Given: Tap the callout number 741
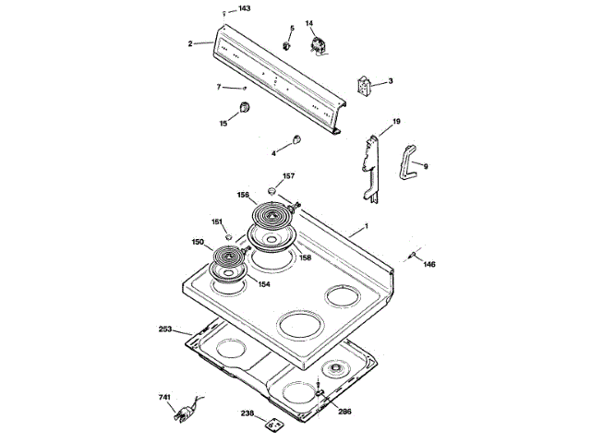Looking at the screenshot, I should point(164,398).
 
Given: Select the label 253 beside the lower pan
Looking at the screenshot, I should point(165,329).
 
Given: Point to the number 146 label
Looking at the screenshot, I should point(429,265).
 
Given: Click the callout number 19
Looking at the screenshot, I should point(396,122).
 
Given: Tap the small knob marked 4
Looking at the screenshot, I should point(296,139).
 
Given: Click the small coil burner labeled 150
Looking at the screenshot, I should point(227,257).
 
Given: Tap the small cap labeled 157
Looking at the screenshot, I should point(273,188).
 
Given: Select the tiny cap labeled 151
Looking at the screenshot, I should point(228,237).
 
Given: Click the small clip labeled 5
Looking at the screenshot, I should point(286,43).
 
